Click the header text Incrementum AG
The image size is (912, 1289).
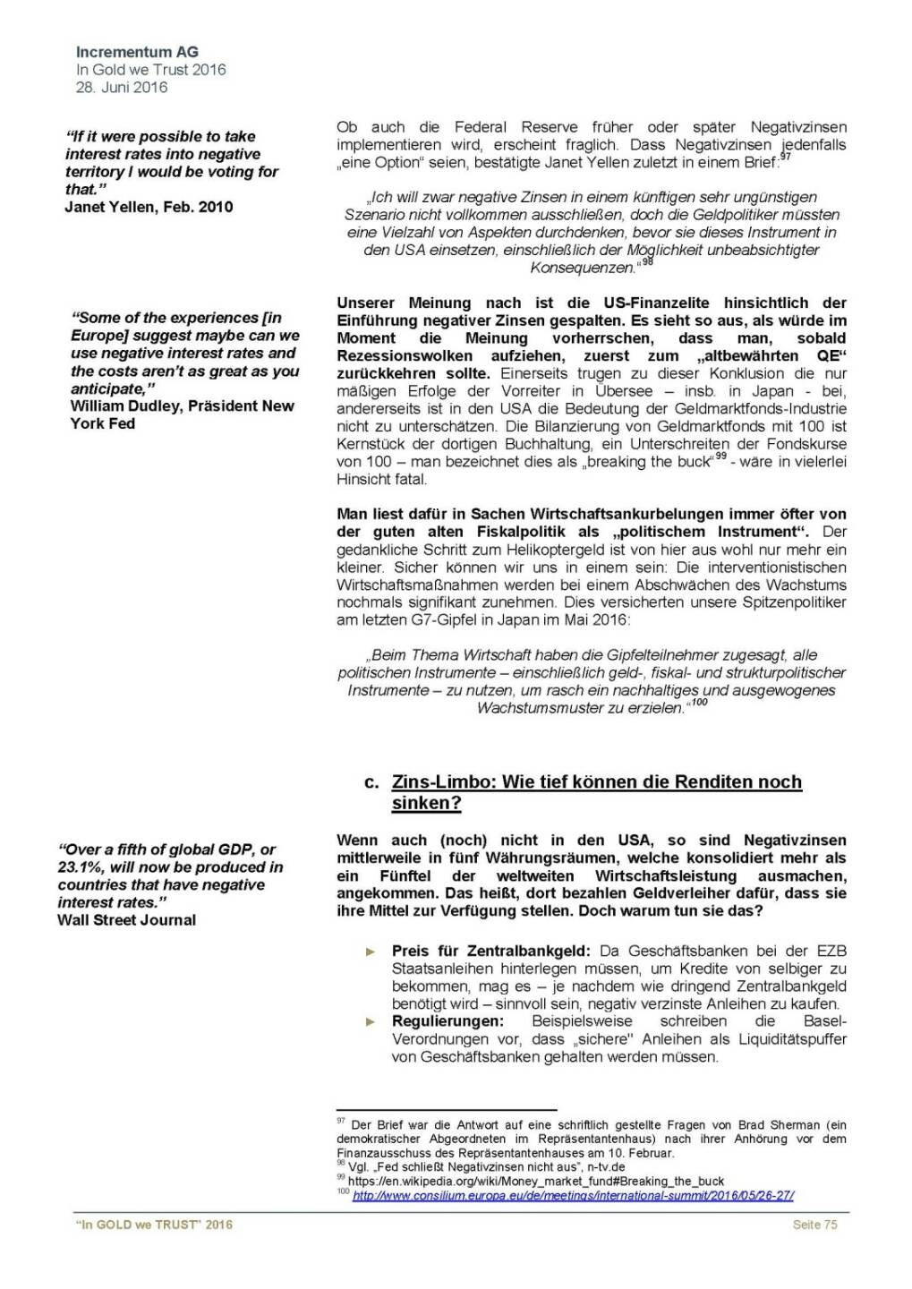[137, 52]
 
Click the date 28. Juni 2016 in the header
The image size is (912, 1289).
[121, 87]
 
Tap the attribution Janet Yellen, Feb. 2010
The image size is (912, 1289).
[149, 207]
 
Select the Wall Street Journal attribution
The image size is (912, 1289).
[126, 919]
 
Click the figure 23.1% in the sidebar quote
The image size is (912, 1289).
[80, 866]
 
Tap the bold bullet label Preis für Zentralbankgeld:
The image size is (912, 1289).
[490, 951]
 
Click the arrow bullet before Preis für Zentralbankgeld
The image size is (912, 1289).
[371, 952]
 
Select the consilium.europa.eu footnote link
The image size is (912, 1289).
[573, 1195]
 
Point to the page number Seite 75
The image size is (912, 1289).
[814, 1225]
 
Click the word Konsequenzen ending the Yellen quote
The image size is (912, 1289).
[582, 268]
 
